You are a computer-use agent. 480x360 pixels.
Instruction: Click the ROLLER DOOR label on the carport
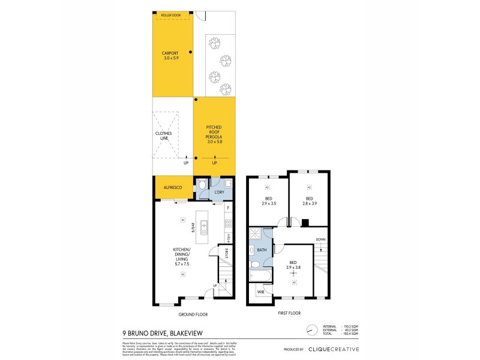point(172,14)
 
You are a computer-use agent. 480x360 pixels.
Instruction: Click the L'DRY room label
point(219,192)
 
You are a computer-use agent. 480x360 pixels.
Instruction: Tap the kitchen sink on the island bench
point(204,226)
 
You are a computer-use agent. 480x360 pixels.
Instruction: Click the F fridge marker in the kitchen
point(229,208)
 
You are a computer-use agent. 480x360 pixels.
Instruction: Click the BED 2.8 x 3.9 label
point(310,201)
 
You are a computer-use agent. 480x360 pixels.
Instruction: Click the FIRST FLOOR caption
point(289,313)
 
